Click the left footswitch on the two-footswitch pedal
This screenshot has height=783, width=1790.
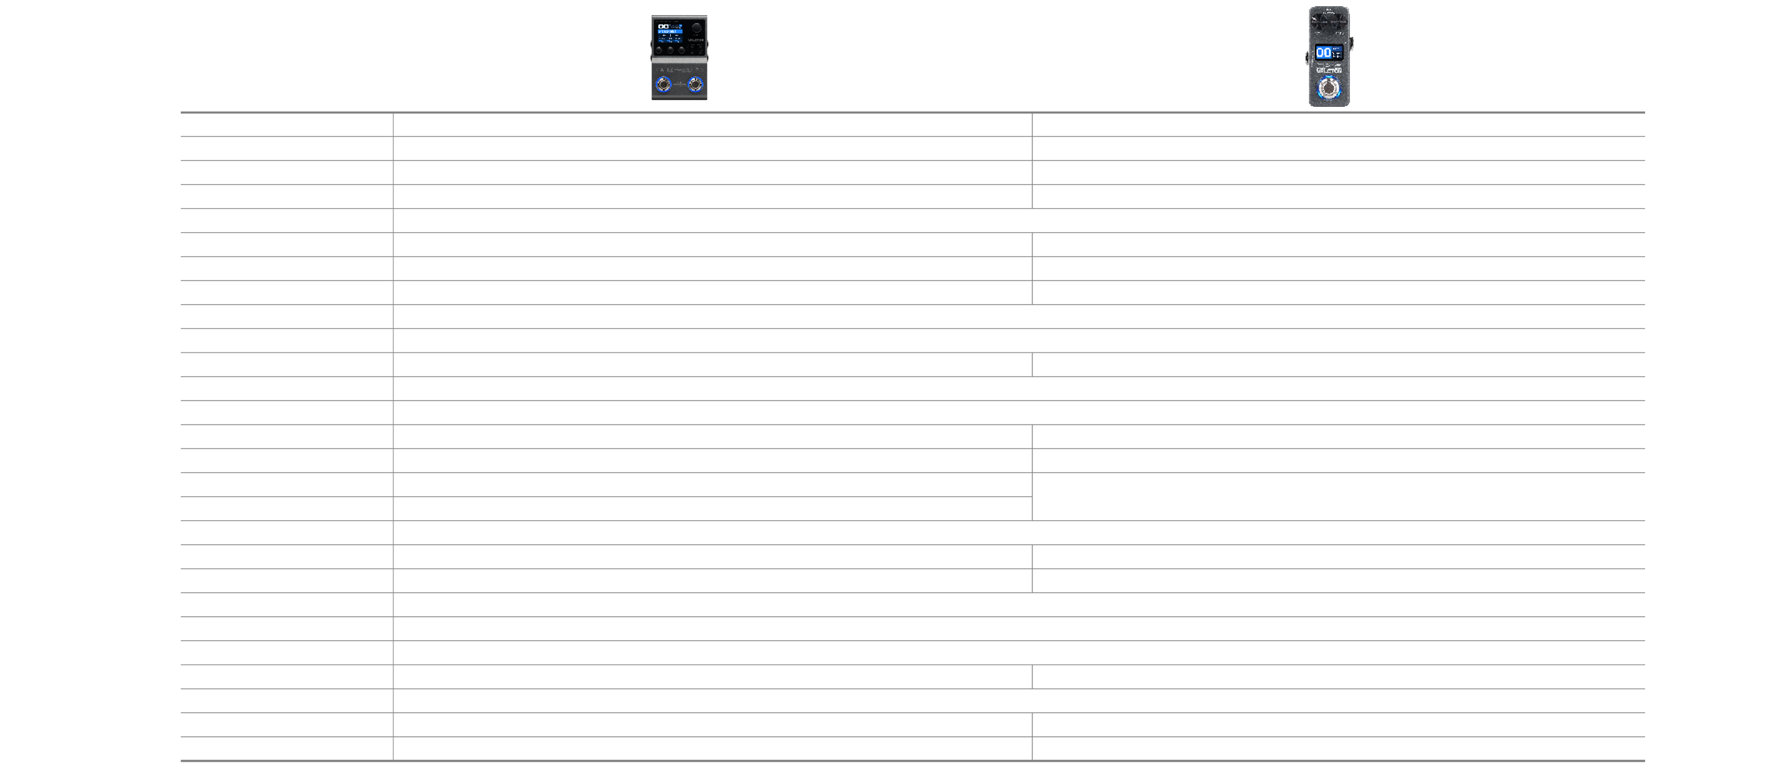click(x=663, y=86)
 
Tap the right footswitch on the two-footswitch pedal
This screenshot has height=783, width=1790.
click(x=695, y=86)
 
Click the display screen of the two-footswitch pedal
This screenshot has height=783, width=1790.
click(x=668, y=32)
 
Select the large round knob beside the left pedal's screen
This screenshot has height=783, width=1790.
click(x=695, y=30)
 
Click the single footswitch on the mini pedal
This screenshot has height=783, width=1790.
click(x=1329, y=88)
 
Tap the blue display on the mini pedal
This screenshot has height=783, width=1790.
click(x=1328, y=53)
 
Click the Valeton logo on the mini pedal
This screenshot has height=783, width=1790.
click(x=1329, y=70)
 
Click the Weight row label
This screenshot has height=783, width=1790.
click(x=287, y=749)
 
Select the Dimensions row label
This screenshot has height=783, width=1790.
click(x=287, y=725)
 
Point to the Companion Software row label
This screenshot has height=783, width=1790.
click(x=288, y=653)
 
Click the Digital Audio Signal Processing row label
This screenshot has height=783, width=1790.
click(x=287, y=221)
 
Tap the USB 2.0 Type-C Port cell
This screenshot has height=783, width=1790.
click(x=1031, y=605)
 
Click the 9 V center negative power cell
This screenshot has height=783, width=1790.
click(x=1031, y=701)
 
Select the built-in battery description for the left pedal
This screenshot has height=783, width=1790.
click(x=667, y=677)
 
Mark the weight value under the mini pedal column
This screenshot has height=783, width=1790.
click(x=1388, y=749)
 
